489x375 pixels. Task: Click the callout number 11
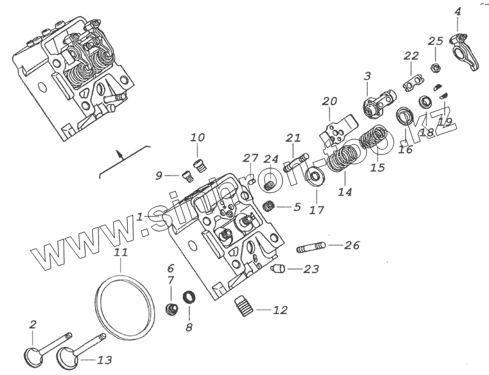(120, 252)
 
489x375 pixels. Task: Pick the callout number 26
(351, 246)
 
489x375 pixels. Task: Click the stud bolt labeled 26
(310, 247)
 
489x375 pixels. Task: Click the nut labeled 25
(435, 67)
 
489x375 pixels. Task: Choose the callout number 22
(411, 56)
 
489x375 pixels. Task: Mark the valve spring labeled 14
(337, 161)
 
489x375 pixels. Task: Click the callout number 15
(377, 167)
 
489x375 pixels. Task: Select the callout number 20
(329, 101)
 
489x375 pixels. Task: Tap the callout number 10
(197, 137)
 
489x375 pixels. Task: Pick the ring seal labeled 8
(189, 298)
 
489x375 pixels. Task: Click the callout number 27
(251, 159)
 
